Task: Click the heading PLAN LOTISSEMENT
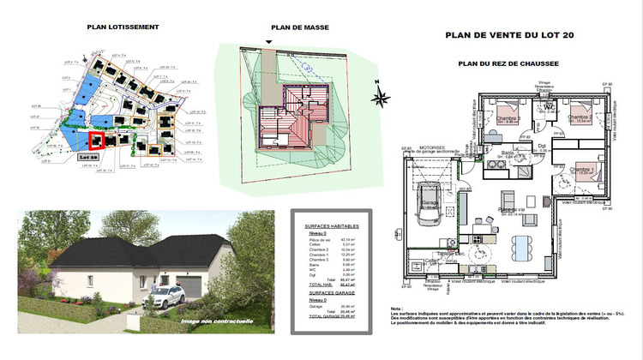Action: coord(123,27)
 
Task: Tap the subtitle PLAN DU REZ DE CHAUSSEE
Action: coord(508,63)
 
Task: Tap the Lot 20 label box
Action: coord(88,158)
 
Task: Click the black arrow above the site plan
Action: coord(269,42)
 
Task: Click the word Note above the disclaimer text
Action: coord(395,309)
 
